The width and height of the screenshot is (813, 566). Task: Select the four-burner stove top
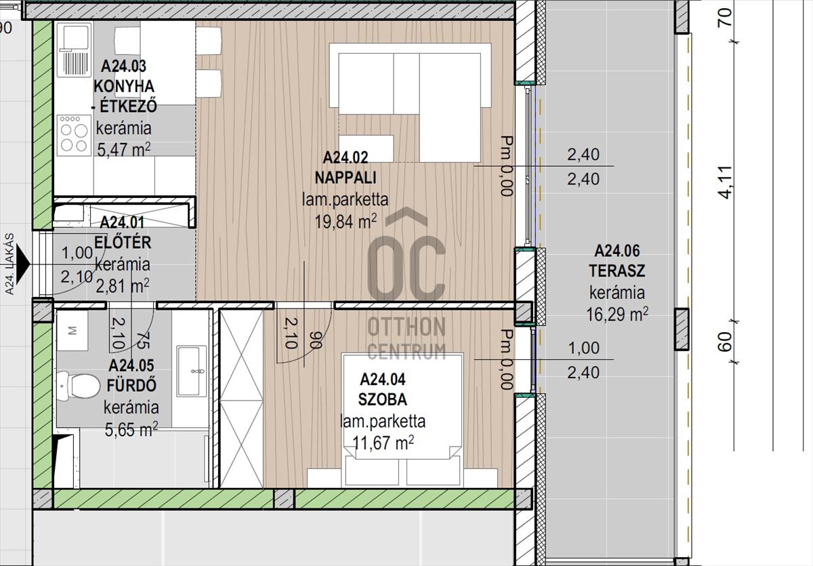click(x=74, y=136)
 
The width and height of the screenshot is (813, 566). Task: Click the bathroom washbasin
click(x=192, y=371)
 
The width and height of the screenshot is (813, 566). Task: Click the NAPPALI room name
click(x=345, y=178)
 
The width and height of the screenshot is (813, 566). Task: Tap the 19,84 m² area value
click(x=345, y=222)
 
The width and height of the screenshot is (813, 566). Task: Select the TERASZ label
click(x=617, y=271)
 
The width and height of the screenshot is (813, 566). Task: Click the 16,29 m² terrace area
click(x=617, y=315)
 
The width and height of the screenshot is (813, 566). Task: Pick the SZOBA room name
click(x=383, y=399)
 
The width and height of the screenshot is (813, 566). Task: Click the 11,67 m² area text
click(x=383, y=443)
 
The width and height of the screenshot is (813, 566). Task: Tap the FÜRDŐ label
click(x=131, y=385)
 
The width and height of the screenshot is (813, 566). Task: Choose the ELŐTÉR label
click(x=123, y=243)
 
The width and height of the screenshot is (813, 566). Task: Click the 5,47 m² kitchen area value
click(x=124, y=149)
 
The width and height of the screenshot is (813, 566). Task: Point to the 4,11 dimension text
click(x=726, y=182)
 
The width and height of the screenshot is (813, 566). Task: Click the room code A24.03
click(x=124, y=66)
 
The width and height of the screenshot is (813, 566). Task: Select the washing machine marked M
click(x=72, y=331)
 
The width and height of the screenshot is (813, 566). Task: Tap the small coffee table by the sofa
click(x=367, y=148)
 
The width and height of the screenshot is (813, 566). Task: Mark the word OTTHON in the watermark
click(x=406, y=327)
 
